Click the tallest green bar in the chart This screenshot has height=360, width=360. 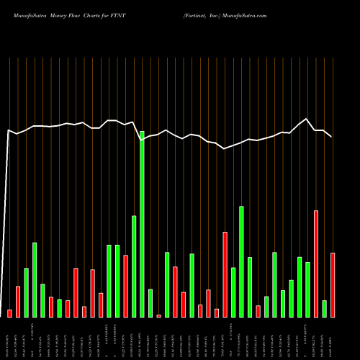click(142, 224)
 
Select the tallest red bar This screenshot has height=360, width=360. click(316, 264)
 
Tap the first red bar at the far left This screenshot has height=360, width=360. click(10, 313)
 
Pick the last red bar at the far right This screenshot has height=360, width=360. click(333, 284)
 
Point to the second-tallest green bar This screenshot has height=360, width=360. click(241, 261)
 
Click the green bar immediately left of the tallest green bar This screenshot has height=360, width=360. click(134, 266)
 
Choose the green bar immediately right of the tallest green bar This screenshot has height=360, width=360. click(150, 303)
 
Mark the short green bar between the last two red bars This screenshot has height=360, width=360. click(324, 308)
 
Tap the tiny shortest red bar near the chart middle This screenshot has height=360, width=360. click(158, 315)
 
